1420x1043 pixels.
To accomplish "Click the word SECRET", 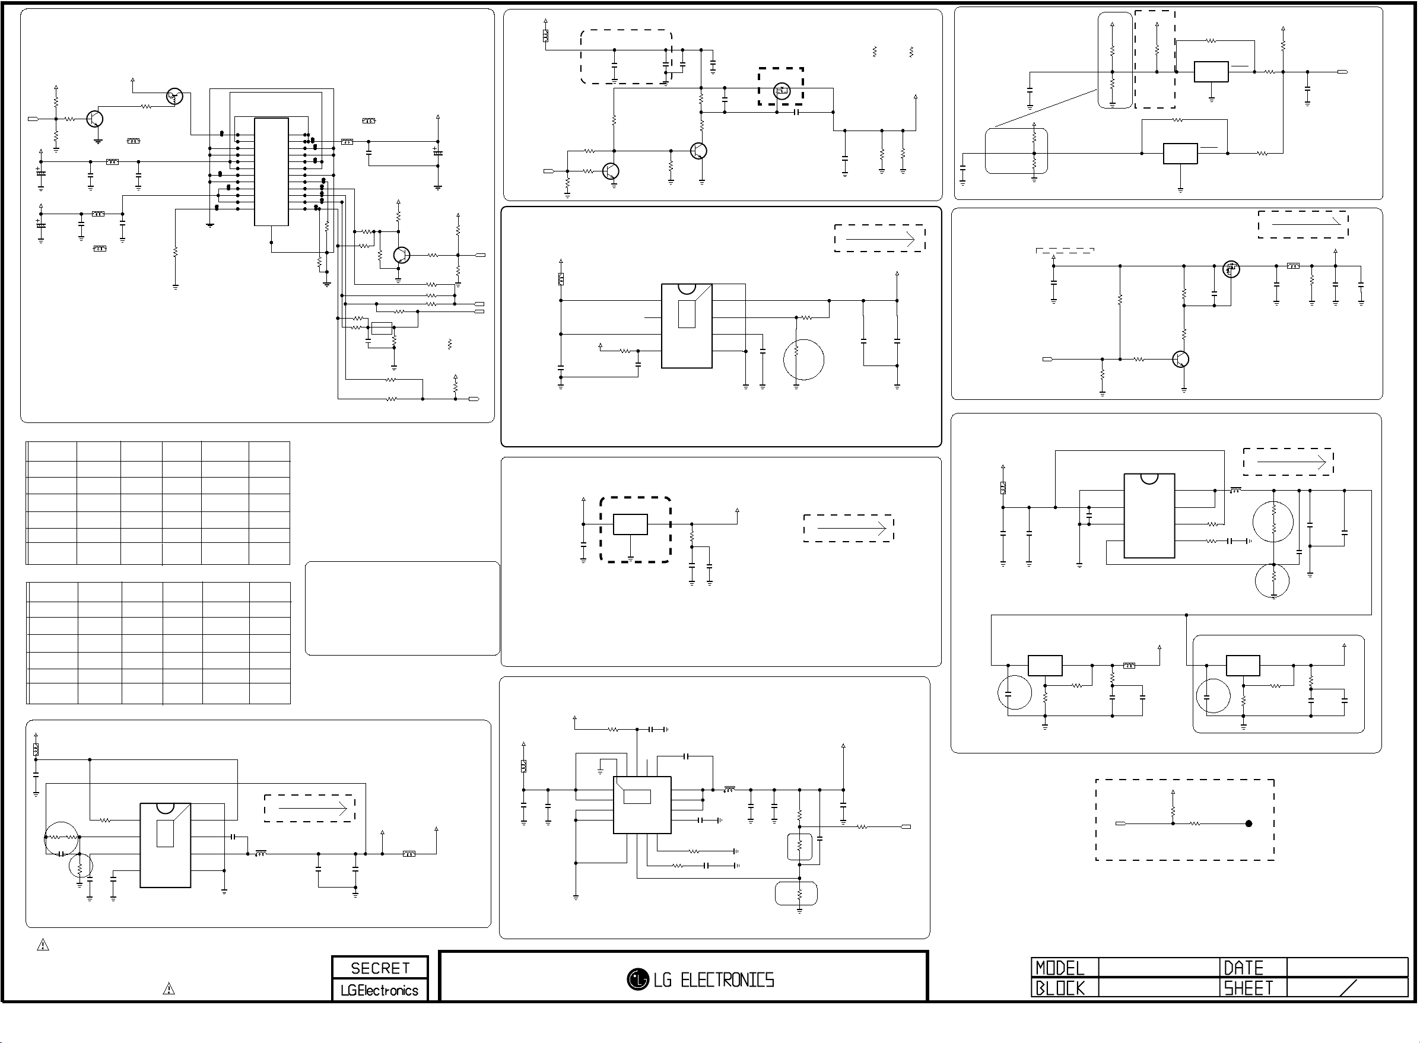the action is [380, 968].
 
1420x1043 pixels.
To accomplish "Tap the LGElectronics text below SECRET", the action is [379, 991].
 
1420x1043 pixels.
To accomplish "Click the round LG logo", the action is [638, 980].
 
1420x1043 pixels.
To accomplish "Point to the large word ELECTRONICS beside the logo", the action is [728, 980].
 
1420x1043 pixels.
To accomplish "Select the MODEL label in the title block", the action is [1059, 968].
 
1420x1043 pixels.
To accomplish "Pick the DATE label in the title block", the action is [1243, 968].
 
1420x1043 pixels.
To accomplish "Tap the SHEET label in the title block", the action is [1249, 988].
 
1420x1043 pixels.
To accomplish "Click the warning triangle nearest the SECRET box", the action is [169, 988].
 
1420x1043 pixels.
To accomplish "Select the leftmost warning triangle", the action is [43, 945].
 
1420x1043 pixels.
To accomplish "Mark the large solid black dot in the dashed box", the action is [1249, 823].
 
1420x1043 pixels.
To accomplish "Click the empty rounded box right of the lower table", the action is [402, 608].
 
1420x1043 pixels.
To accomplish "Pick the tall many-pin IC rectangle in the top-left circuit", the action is [272, 171].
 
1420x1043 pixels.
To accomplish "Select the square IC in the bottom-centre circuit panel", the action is [642, 805].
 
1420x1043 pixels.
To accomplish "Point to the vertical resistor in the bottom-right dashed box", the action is [1173, 812].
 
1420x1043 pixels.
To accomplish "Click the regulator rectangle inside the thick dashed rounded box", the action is [630, 524].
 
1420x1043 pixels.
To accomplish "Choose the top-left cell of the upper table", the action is [52, 451].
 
